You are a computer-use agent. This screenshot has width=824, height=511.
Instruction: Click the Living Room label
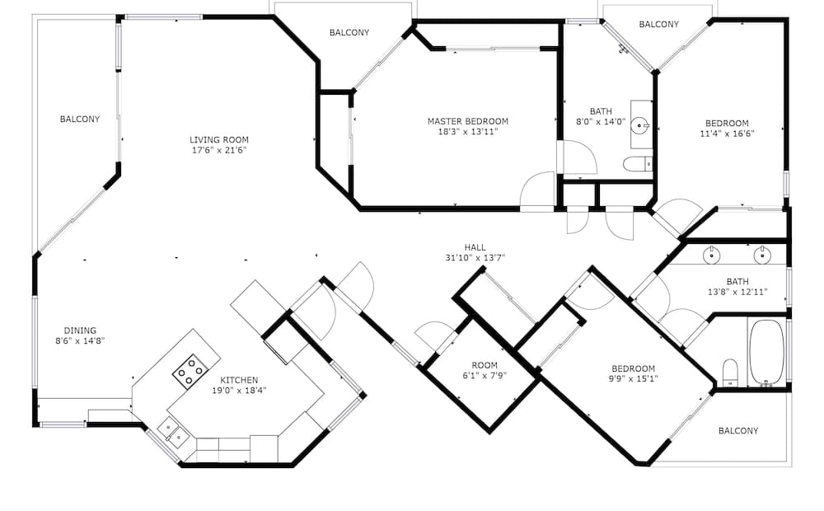click(x=218, y=140)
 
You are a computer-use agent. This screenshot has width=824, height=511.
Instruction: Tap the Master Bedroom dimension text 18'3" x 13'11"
click(x=468, y=132)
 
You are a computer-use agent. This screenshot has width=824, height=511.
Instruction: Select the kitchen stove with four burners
click(x=190, y=371)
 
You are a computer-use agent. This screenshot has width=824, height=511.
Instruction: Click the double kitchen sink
click(x=173, y=432)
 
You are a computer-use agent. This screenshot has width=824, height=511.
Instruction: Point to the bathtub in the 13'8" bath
click(x=766, y=353)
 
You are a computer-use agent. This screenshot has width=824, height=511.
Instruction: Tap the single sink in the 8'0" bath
click(x=641, y=125)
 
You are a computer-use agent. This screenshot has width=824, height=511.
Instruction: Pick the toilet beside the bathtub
click(x=730, y=373)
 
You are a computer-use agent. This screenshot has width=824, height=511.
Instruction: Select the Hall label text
click(x=475, y=247)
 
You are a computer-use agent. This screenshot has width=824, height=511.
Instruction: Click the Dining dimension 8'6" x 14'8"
click(x=81, y=340)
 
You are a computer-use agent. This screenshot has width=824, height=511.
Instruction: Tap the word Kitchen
click(x=239, y=380)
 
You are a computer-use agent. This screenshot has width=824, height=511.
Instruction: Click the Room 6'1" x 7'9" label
click(x=485, y=370)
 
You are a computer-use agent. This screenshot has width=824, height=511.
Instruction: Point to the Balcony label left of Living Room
click(x=80, y=120)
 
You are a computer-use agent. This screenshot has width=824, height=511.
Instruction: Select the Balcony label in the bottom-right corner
click(x=738, y=431)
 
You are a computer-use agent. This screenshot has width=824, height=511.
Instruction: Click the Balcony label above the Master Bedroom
click(x=349, y=33)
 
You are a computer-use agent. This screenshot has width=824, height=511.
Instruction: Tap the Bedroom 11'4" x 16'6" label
click(x=728, y=129)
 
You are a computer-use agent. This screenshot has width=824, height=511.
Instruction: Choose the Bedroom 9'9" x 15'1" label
click(x=633, y=373)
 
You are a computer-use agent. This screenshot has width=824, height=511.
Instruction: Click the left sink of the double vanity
click(x=712, y=255)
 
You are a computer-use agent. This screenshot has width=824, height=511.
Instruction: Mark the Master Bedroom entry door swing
click(x=537, y=190)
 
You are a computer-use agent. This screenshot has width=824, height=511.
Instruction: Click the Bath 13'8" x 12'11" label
click(x=737, y=287)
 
